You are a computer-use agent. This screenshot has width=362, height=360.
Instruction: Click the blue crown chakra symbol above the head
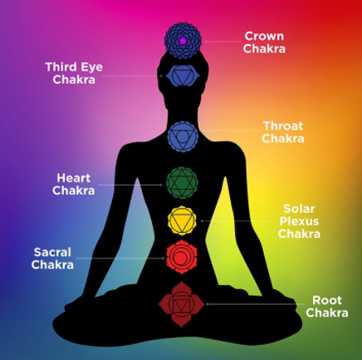point(183,41)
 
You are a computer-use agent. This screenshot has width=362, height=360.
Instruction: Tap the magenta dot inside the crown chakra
point(183,41)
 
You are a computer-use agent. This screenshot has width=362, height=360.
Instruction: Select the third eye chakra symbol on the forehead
point(183,76)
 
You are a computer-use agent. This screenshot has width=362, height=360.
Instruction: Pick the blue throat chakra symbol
point(183,136)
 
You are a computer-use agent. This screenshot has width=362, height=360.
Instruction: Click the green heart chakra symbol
point(182,183)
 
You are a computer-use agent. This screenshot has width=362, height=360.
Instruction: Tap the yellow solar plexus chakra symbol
point(182,221)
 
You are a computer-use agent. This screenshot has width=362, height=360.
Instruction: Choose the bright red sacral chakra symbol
point(182,257)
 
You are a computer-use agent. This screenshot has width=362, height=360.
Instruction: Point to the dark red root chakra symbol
point(181,304)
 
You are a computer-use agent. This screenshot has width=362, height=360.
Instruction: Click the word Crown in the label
point(264,36)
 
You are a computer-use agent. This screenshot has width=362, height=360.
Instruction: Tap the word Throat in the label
point(283,126)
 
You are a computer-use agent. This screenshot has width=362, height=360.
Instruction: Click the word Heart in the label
point(74,178)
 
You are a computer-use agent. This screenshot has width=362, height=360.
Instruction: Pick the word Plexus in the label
point(299,221)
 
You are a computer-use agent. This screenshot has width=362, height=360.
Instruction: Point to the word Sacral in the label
point(52,252)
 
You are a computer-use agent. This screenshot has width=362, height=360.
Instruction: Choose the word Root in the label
point(327,300)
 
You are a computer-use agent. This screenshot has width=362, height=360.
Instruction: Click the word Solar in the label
point(299,209)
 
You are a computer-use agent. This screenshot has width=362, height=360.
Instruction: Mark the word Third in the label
point(61,67)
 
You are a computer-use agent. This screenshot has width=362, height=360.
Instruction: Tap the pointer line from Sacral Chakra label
point(120,258)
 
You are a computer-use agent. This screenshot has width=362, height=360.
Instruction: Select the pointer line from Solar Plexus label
point(237,221)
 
